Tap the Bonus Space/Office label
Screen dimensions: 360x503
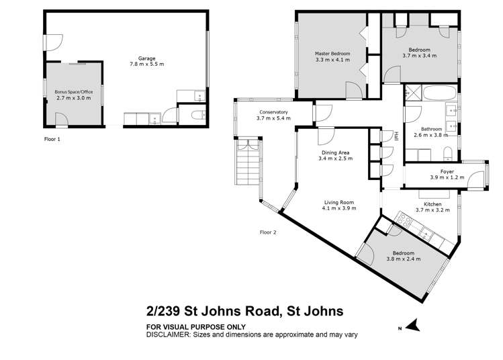point(73,91)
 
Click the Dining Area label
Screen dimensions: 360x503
point(336,154)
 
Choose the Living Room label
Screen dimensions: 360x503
point(338,202)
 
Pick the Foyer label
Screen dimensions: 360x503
point(447,171)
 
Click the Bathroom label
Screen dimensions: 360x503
point(431,128)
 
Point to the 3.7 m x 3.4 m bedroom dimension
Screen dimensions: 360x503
point(420,56)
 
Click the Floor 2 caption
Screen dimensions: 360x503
point(268,232)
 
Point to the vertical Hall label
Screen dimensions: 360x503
point(396,135)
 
